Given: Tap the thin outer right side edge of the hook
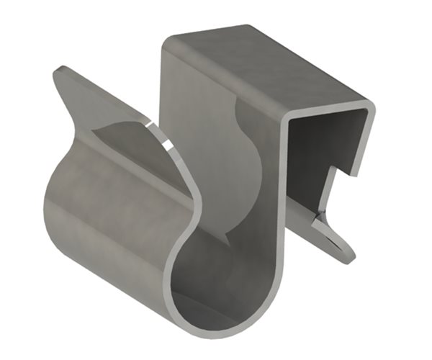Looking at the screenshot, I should (x=370, y=137).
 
